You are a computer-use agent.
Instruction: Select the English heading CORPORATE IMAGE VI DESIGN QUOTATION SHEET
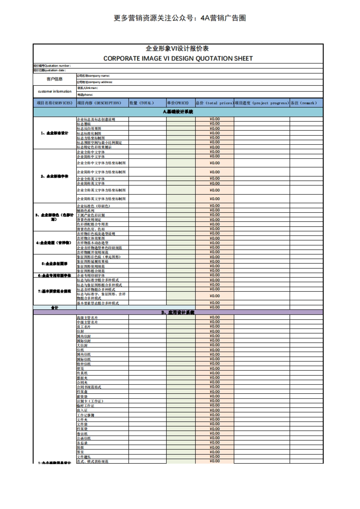pyautogui.click(x=178, y=58)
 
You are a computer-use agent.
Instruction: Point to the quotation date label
pyautogui.click(x=49, y=70)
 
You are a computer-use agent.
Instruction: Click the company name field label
pyautogui.click(x=93, y=76)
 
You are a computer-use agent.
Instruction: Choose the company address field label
pyautogui.click(x=94, y=82)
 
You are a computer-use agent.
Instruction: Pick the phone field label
pyautogui.click(x=85, y=95)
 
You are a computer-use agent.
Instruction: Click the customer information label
pyautogui.click(x=55, y=91)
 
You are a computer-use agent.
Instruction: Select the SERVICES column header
pyautogui.click(x=55, y=103)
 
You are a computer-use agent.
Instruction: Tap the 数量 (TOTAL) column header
pyautogui.click(x=142, y=103)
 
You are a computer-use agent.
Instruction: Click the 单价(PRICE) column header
pyautogui.click(x=178, y=103)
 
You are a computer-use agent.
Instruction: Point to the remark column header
pyautogui.click(x=304, y=103)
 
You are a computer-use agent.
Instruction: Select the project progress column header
pyautogui.click(x=262, y=103)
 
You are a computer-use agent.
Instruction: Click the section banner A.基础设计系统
pyautogui.click(x=178, y=112)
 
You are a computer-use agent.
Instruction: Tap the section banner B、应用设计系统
pyautogui.click(x=178, y=312)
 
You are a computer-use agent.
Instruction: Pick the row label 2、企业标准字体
pyautogui.click(x=55, y=176)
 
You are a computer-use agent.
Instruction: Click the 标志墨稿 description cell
pyautogui.click(x=84, y=124)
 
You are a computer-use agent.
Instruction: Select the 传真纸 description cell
pyautogui.click(x=82, y=373)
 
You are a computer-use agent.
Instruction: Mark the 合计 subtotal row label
pyautogui.click(x=55, y=308)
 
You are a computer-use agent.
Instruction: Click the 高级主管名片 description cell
pyautogui.click(x=87, y=317)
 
